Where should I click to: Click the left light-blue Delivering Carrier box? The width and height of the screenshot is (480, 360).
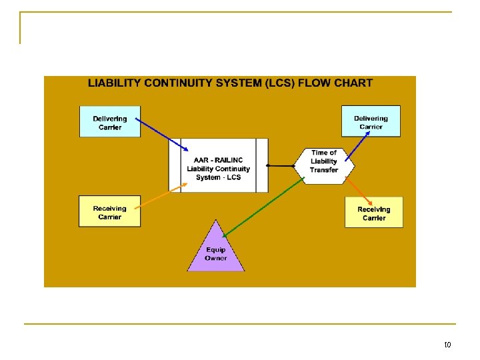click(110, 122)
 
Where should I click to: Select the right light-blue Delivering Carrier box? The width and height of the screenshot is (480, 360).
click(371, 121)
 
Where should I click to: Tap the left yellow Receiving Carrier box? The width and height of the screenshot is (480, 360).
click(110, 212)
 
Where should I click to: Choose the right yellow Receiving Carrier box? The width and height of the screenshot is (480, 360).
click(374, 213)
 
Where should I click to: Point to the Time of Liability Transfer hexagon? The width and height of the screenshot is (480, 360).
click(324, 161)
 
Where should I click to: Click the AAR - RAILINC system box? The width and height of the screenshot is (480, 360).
click(219, 165)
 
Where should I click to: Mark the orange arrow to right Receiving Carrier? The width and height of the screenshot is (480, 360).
click(360, 189)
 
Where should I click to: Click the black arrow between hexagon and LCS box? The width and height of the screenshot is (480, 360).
click(280, 165)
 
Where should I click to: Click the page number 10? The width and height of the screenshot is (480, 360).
click(447, 345)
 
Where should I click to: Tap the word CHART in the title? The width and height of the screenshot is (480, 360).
click(353, 83)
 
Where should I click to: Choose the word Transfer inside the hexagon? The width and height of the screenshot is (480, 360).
click(324, 170)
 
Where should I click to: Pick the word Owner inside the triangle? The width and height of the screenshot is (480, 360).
click(215, 259)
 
